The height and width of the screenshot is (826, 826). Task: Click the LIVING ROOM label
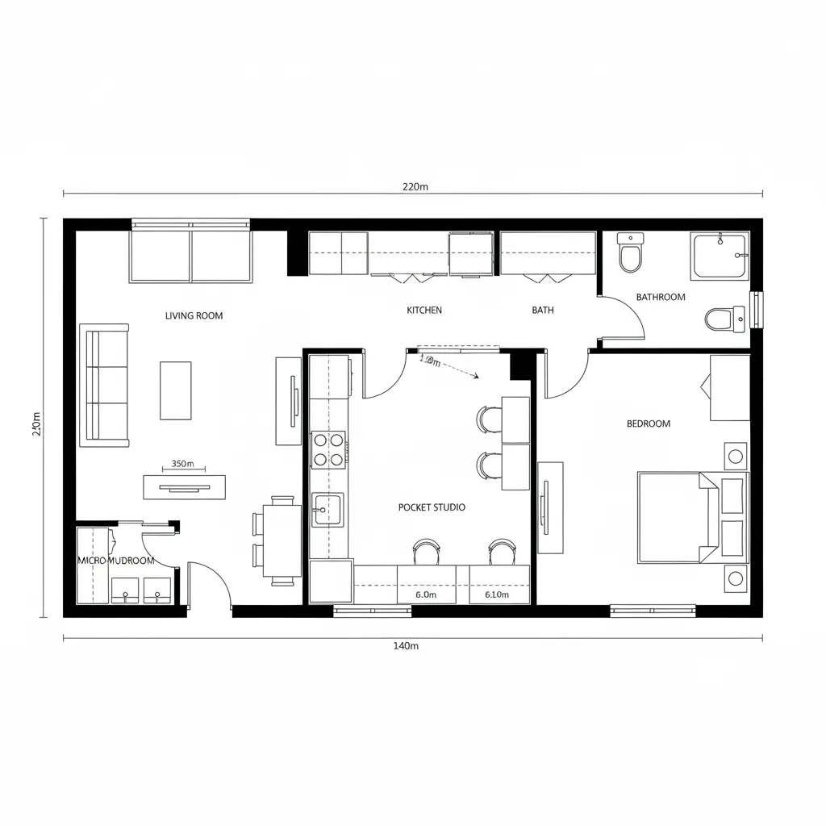194,315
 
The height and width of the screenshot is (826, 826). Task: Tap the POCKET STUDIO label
432,507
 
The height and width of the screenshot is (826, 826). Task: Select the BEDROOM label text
648,423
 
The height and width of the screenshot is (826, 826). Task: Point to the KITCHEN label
424,310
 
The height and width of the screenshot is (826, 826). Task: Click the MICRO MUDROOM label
115,560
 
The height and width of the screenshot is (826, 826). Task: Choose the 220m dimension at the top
415,186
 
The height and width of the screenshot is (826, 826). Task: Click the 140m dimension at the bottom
406,645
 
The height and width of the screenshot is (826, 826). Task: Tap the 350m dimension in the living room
183,464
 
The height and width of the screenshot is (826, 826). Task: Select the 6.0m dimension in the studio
426,594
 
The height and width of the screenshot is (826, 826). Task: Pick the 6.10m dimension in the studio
497,594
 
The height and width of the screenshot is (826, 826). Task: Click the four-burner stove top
329,449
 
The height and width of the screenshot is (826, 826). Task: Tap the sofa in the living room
104,386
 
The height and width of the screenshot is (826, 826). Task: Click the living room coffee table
176,390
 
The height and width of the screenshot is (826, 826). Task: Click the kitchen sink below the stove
327,510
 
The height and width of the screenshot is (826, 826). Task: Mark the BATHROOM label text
661,297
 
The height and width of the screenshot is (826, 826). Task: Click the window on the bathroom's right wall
757,311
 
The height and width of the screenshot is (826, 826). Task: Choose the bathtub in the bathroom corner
720,257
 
